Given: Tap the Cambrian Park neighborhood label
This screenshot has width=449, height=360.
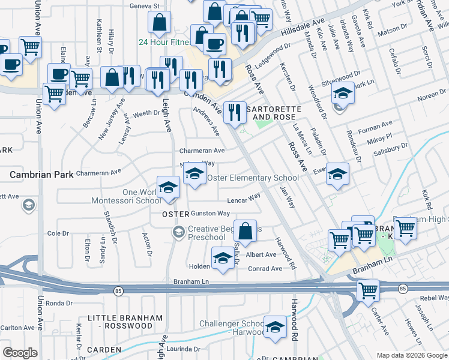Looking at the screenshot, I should [x=41, y=175].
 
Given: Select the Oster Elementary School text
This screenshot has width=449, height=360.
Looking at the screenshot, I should [x=253, y=178].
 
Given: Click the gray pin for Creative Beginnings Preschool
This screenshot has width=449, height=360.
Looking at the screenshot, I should [x=178, y=232].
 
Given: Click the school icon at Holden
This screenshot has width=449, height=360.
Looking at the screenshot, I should [x=223, y=259].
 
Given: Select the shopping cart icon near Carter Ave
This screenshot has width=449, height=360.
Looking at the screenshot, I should [x=368, y=291].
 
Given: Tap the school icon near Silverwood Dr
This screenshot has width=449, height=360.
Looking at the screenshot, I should [x=343, y=94].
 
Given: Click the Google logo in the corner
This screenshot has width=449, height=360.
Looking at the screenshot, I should [x=20, y=353].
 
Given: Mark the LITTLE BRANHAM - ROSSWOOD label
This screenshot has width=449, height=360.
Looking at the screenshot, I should [x=120, y=322].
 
